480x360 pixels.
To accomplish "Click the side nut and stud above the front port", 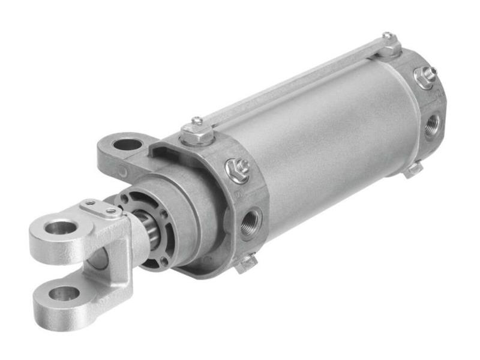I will pos(238,170).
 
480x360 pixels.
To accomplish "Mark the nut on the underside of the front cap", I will pos(245,263).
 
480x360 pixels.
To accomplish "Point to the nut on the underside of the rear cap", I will pos(413,170).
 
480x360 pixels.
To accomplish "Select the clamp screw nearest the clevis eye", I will pos(90,203).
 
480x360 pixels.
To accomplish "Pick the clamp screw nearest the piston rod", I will pos(111,211).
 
